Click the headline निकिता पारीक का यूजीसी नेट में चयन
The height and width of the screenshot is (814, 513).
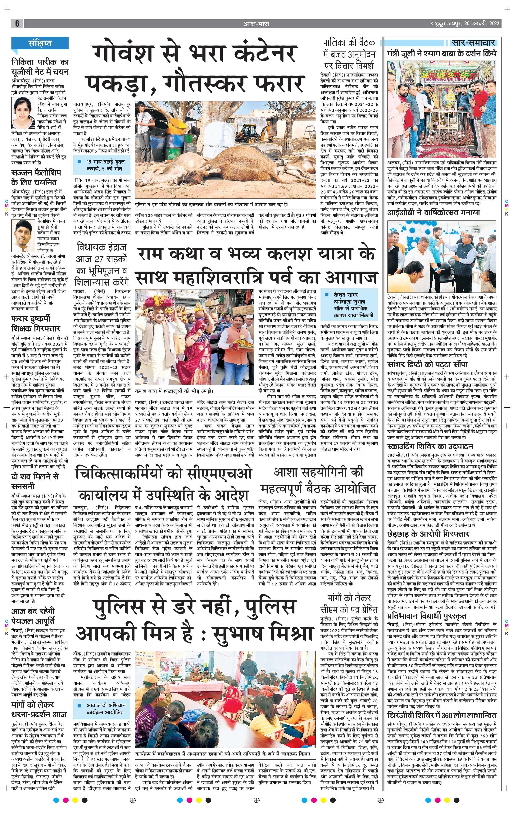coord(40,67)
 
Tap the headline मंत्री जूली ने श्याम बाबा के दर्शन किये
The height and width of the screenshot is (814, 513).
coord(442,53)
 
